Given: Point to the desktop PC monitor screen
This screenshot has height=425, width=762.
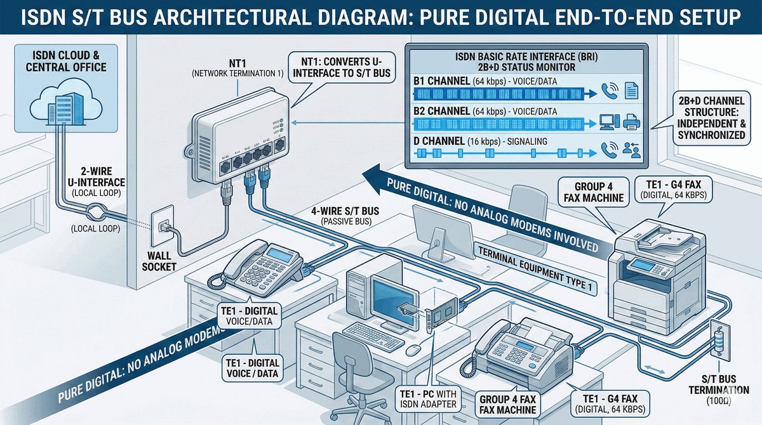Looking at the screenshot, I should point(395,298).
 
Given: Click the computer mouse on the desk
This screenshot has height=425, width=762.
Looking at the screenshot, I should point(413,350).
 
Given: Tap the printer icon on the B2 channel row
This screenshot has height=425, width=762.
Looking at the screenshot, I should point(632,121).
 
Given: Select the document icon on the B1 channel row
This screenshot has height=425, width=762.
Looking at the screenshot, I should point(631,91).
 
